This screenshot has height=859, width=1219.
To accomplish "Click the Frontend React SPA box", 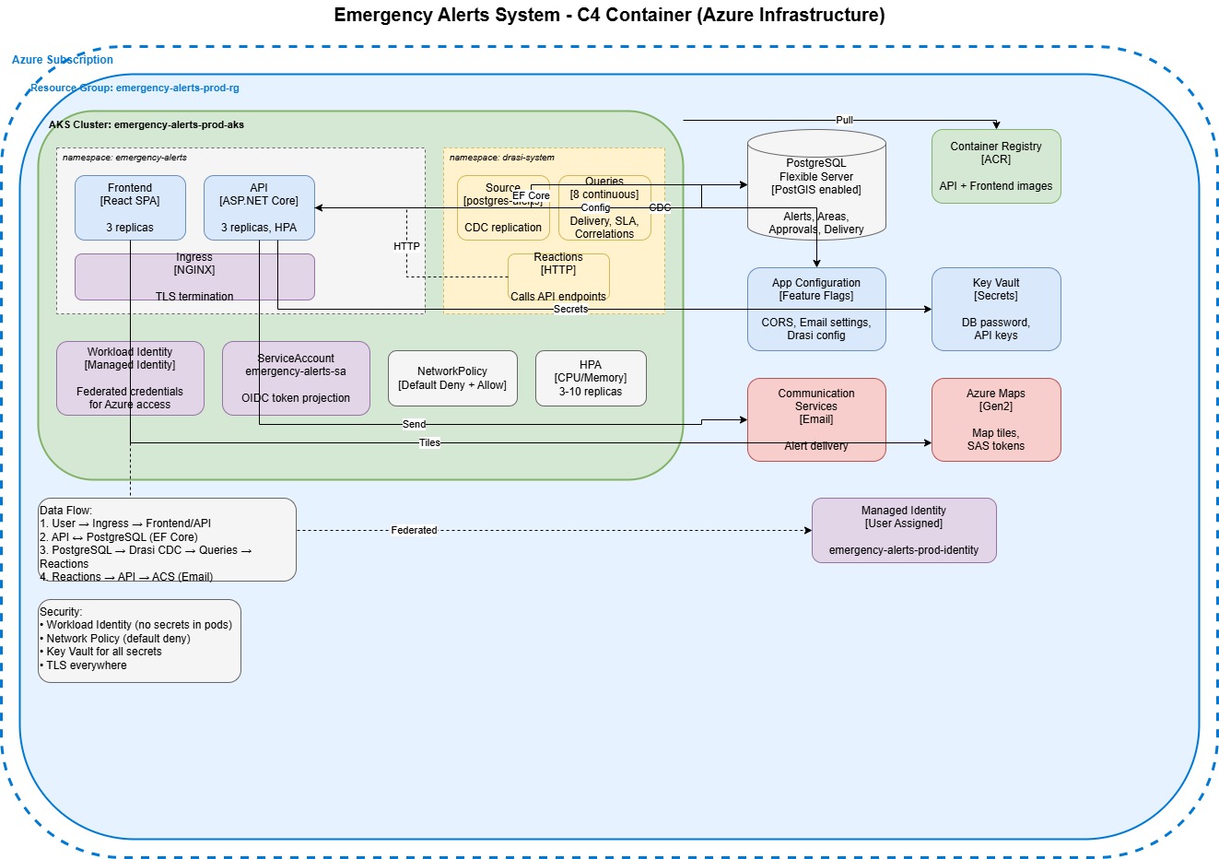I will tap(130, 207).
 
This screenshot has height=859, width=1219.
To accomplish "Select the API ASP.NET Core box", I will tap(259, 207).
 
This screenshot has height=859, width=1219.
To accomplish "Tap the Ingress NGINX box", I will tap(194, 277).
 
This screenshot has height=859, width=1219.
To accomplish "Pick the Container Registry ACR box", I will tap(996, 166).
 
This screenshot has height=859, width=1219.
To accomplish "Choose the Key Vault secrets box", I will tap(996, 309).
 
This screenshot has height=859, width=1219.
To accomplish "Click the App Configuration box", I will tap(816, 309).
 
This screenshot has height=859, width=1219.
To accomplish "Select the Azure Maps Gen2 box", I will tap(996, 419).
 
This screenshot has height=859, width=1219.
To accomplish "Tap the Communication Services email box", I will tap(816, 419).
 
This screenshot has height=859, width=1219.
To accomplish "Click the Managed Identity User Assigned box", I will tap(904, 530).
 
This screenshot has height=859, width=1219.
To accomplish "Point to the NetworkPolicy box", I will tap(452, 378).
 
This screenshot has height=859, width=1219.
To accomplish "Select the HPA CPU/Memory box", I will tap(591, 378).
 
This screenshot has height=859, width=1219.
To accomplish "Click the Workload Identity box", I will tap(130, 378).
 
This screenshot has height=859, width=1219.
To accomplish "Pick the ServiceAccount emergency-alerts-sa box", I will tap(296, 378).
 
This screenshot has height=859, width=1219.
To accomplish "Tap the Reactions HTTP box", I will tap(558, 277).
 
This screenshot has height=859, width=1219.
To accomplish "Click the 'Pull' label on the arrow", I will tap(844, 120).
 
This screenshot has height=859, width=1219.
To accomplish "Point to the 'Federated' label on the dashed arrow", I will tap(414, 530).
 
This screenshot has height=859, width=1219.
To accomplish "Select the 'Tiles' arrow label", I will tap(429, 442).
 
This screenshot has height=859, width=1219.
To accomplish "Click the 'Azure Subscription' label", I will tap(63, 60).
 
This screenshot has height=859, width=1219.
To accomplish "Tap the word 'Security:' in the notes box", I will tap(61, 612).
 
